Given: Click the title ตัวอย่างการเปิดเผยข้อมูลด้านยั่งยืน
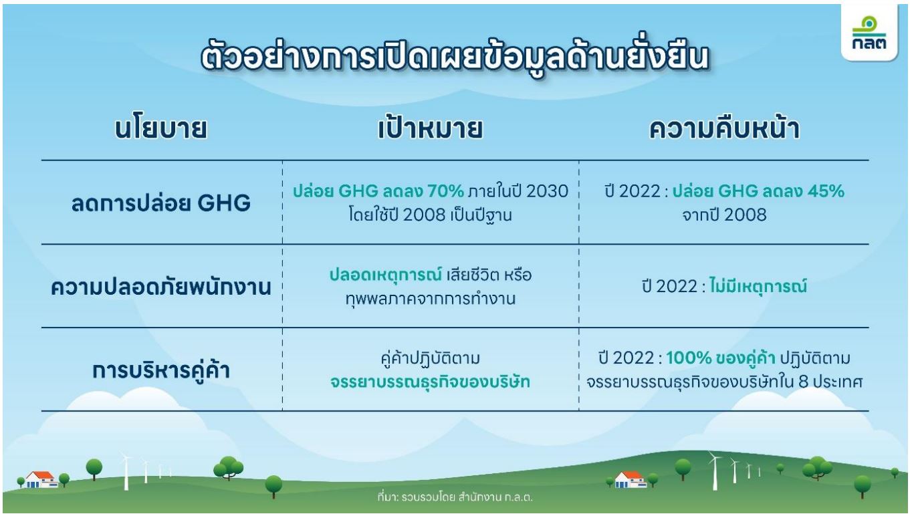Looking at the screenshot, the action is click(455, 58).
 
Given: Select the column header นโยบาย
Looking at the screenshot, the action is click(161, 129).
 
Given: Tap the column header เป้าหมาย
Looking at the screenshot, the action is click(431, 128).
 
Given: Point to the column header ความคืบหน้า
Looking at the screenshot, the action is click(724, 128).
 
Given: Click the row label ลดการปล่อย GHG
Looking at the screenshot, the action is click(161, 203).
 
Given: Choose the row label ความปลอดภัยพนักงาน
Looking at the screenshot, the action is click(161, 287).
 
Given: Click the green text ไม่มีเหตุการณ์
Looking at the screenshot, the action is click(758, 286).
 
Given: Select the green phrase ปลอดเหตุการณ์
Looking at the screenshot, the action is click(386, 275).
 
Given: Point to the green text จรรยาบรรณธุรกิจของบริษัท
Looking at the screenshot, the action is click(431, 382).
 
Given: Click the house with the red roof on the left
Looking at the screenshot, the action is click(41, 479).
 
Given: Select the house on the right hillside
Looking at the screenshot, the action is click(631, 479).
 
